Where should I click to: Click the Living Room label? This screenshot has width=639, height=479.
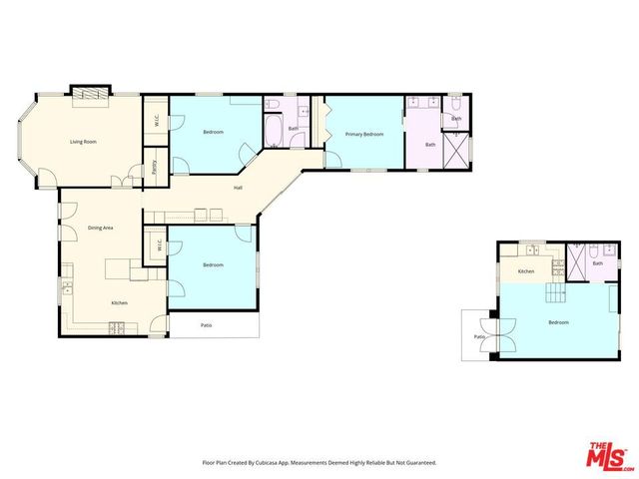pyautogui.click(x=83, y=142)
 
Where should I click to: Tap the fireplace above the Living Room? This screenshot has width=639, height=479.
pyautogui.click(x=86, y=93)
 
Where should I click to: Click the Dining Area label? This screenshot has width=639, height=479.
pyautogui.click(x=100, y=228)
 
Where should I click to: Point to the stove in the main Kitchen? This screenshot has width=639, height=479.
pyautogui.click(x=116, y=327)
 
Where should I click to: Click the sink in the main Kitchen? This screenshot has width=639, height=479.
pyautogui.click(x=67, y=289)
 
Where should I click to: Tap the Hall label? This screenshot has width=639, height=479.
pyautogui.click(x=238, y=188)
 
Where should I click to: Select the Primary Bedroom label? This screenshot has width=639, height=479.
pyautogui.click(x=364, y=134)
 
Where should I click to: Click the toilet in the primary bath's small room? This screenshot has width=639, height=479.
pyautogui.click(x=454, y=104)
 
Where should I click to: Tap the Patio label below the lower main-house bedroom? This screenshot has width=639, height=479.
pyautogui.click(x=206, y=325)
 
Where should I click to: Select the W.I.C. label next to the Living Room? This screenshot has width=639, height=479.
pyautogui.click(x=156, y=122)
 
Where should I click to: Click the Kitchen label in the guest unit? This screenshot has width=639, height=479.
pyautogui.click(x=525, y=271)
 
